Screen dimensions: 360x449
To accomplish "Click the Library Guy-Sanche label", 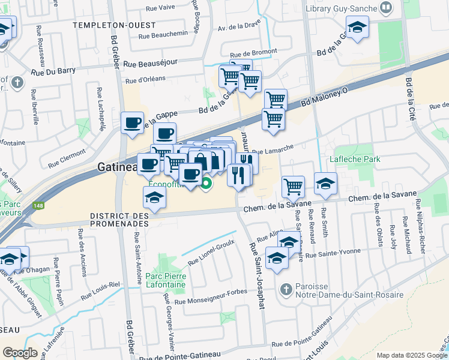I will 340,8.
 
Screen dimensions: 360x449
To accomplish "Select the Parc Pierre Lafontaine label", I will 166,281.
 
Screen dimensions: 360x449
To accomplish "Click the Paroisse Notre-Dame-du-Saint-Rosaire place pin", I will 286,289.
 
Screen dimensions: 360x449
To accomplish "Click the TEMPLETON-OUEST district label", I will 113,25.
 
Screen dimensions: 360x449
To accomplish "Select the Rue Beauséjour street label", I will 152,62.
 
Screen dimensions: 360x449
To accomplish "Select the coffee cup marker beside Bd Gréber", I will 132,123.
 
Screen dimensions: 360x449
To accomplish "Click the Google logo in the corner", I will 20,352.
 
